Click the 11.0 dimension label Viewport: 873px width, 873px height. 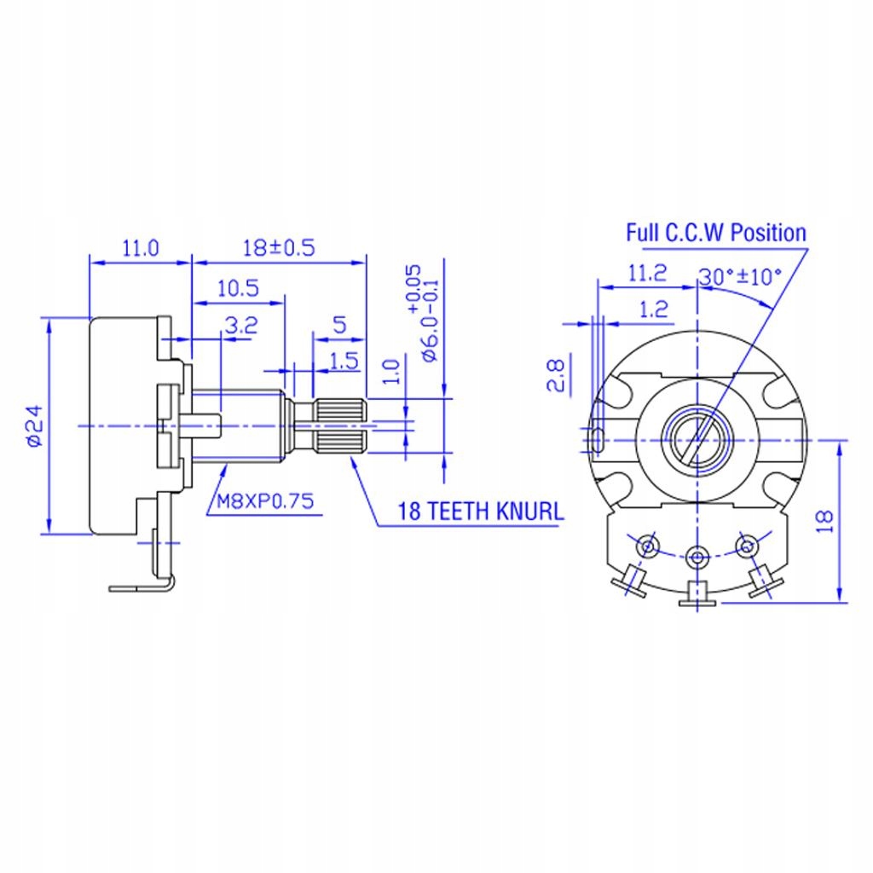coord(141,248)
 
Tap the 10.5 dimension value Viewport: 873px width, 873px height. coord(237,288)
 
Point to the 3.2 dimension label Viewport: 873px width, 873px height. coord(240,325)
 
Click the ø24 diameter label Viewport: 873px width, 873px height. coord(33,427)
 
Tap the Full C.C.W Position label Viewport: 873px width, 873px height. coord(716,232)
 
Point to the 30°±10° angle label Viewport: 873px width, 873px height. coord(740,277)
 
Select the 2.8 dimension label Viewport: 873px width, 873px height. coord(555,374)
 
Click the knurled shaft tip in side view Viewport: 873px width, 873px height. coord(341,425)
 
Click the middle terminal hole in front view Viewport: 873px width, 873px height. coord(698,557)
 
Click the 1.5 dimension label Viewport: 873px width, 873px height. coord(342,361)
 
